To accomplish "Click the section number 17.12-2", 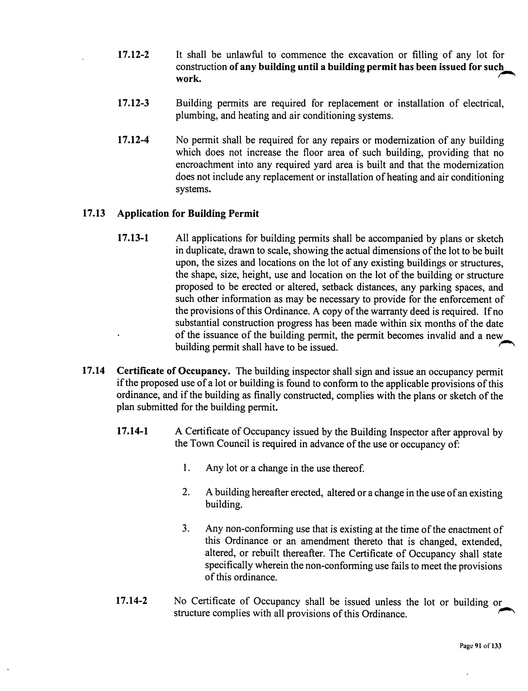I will [133, 55].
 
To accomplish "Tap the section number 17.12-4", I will [133, 140].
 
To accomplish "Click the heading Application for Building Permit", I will [188, 214].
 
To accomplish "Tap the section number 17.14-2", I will [132, 601].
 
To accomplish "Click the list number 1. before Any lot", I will [186, 468].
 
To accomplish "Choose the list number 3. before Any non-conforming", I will [186, 529].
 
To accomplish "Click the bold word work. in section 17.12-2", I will [188, 79].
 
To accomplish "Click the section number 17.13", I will [93, 214].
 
